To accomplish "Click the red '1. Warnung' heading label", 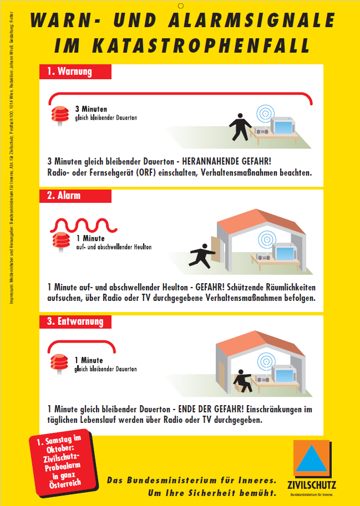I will (x=75, y=71).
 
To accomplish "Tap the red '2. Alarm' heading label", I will (x=75, y=196).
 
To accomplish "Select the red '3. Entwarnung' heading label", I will (x=75, y=321).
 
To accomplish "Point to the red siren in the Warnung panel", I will (x=58, y=116).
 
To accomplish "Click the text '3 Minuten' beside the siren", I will (x=91, y=109).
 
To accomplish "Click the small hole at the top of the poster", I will (x=180, y=6).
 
